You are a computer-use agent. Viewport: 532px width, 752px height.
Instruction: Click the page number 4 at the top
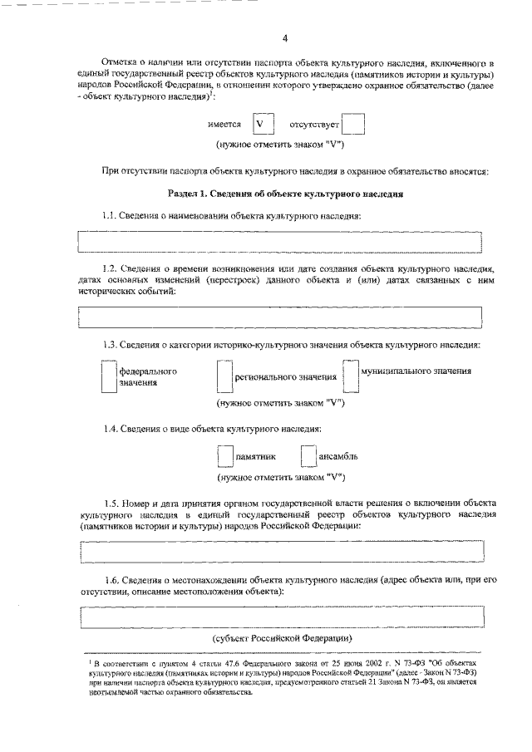[x=284, y=39]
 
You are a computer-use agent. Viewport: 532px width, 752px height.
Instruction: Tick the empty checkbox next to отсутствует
[x=352, y=125]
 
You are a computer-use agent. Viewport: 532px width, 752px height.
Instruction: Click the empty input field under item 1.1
[x=279, y=242]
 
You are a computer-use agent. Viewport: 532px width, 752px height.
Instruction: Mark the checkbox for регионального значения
[x=223, y=377]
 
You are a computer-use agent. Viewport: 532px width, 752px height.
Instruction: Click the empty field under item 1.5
[x=279, y=551]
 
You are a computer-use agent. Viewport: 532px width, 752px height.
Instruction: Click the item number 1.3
[x=113, y=345]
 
